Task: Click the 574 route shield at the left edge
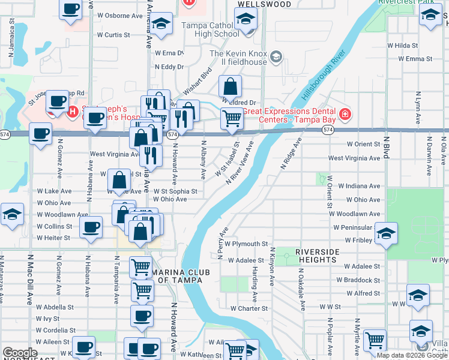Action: (x=5, y=133)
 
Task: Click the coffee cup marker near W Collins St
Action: (x=91, y=227)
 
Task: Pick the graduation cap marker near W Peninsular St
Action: (x=386, y=232)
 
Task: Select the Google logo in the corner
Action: (x=20, y=353)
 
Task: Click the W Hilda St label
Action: (x=402, y=45)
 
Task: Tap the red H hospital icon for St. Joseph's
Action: (x=73, y=111)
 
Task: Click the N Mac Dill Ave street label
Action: (x=29, y=279)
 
